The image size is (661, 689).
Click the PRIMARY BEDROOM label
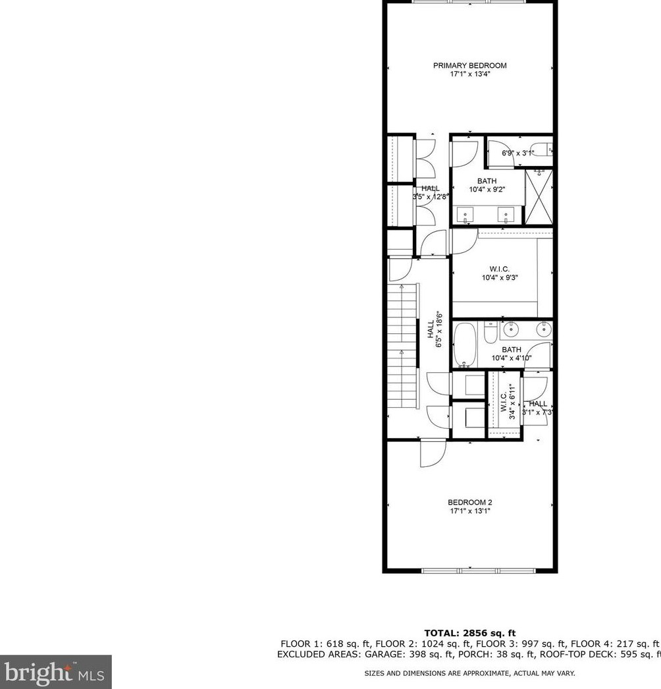coord(469,65)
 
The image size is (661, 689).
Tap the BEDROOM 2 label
coord(469,501)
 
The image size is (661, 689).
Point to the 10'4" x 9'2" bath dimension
coord(487,190)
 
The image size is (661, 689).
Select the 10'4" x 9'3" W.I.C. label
coord(500,277)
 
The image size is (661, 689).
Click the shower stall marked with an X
coord(539,197)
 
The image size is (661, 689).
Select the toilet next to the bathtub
coord(490,333)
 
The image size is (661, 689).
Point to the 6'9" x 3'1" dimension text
coord(517,153)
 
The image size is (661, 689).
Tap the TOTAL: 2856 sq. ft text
coord(469,633)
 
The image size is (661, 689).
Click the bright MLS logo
coord(56,672)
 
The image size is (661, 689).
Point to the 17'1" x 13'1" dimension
coord(469,510)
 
